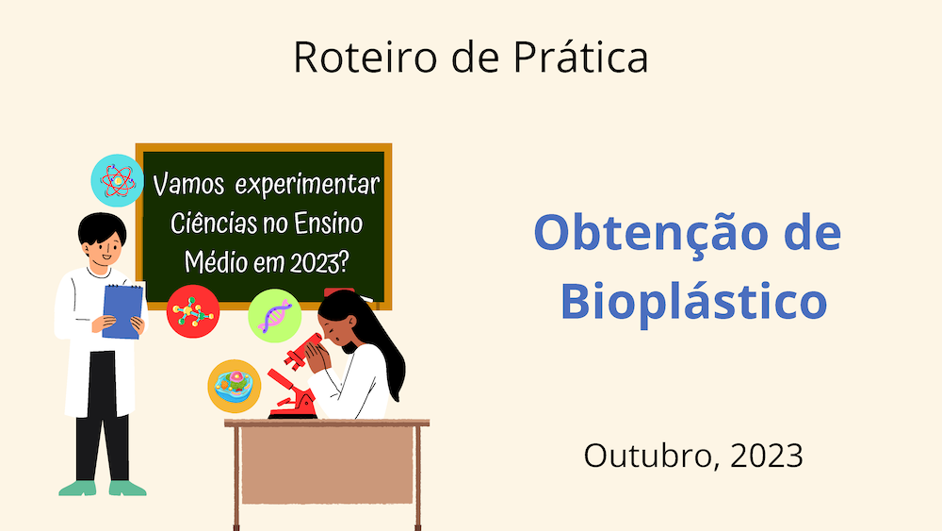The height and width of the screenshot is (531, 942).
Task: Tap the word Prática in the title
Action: [581, 57]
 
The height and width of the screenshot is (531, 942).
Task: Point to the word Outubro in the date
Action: [651, 456]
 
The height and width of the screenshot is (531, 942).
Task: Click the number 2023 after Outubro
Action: [767, 456]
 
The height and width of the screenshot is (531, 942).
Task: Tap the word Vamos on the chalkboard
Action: [188, 185]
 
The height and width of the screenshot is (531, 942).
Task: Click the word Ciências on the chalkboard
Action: [214, 224]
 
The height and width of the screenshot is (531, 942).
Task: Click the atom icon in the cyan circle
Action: [117, 180]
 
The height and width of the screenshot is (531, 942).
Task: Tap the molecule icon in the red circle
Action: [193, 311]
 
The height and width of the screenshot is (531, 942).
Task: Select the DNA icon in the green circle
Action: [274, 316]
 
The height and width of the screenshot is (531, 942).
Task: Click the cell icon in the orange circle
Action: [235, 386]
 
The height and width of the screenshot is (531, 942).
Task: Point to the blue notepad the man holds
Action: [123, 311]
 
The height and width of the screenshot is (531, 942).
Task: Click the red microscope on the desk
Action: [295, 379]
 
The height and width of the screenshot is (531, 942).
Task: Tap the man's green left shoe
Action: [77, 488]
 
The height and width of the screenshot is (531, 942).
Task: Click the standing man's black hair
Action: [101, 227]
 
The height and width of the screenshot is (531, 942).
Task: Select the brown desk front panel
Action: [328, 466]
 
